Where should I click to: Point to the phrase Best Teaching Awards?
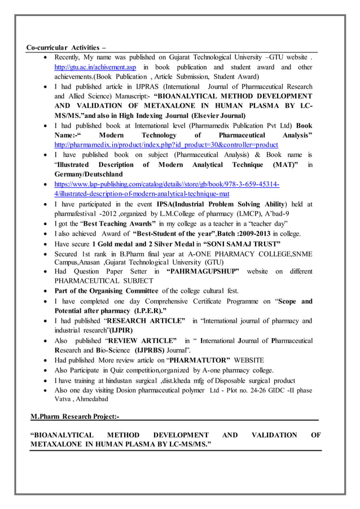(x=117, y=223)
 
